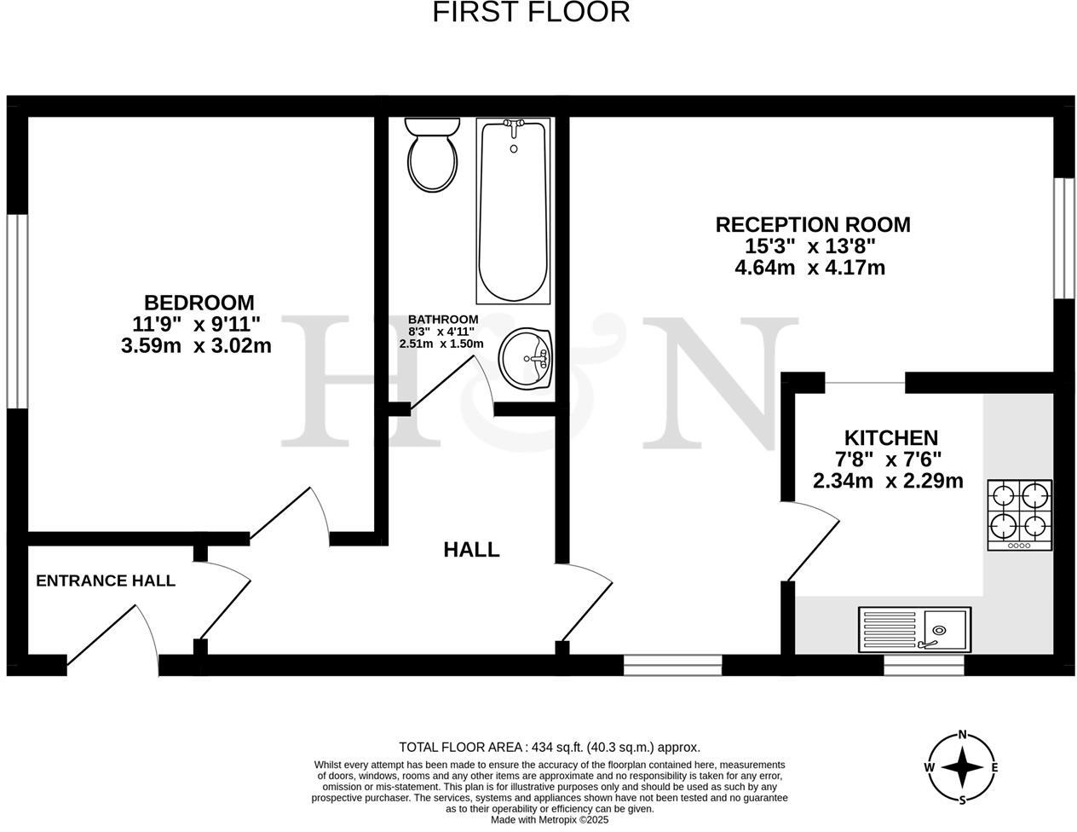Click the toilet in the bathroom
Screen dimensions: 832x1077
(433, 155)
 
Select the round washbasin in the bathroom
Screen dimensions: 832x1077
(526, 358)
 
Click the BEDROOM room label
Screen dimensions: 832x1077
(199, 303)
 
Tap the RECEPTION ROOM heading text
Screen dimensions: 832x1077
(812, 225)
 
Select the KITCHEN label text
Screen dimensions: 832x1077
(890, 438)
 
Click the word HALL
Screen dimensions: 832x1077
(471, 550)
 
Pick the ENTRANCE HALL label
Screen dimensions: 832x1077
(106, 581)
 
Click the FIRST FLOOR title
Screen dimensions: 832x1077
(531, 13)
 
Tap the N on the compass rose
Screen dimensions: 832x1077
(963, 735)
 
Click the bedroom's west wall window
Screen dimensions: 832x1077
(17, 311)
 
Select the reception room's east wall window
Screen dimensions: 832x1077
(1063, 238)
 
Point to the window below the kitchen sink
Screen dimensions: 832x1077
(924, 665)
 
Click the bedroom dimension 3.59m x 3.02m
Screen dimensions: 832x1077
(197, 346)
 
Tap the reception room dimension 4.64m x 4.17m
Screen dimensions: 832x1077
(809, 268)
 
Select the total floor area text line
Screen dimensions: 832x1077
(550, 747)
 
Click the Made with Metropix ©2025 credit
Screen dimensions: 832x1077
(550, 820)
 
